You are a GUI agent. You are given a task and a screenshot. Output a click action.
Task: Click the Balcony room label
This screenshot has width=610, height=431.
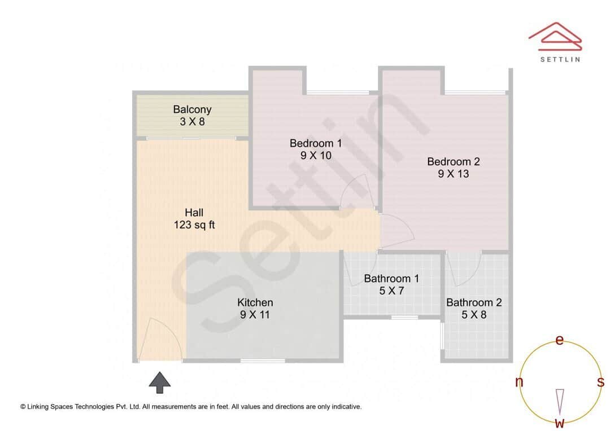coord(192,109)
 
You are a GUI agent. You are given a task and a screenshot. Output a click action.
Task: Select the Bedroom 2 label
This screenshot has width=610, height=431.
coord(453,161)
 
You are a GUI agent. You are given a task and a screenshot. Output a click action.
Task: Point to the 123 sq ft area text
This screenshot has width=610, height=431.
coord(194,225)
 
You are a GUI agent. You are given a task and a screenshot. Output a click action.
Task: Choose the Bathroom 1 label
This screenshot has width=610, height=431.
coord(391,278)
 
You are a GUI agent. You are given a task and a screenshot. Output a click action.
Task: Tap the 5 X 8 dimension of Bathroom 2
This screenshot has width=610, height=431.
coord(473,315)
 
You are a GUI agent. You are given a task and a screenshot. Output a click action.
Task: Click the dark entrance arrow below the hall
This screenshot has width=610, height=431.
coord(160,382)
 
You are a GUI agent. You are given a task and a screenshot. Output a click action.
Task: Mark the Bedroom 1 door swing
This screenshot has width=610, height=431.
coord(356,192)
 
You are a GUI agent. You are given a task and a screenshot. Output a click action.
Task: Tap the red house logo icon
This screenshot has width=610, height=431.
coord(555,36)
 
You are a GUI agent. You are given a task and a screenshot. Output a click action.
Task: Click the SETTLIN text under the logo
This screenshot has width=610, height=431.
coord(560,58)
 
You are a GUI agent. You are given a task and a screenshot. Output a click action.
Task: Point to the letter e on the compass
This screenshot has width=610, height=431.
coord(560,340)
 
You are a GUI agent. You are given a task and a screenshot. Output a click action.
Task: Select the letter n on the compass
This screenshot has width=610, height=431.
coord(519,382)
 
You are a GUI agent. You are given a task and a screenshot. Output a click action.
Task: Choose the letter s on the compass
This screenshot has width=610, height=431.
coord(600,382)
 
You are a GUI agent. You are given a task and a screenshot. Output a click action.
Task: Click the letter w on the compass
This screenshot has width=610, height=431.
coord(560,423)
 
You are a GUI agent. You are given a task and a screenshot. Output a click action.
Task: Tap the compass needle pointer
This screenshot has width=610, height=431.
coord(560,402)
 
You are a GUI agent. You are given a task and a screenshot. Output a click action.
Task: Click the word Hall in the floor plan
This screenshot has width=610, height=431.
coord(194,213)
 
